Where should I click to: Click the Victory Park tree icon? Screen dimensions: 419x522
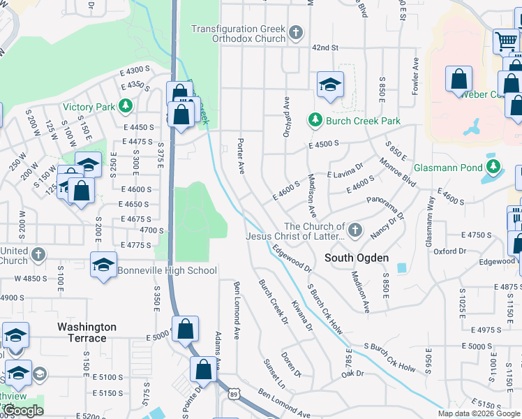[126, 107]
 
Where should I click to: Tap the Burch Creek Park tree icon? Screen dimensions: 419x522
[315, 121]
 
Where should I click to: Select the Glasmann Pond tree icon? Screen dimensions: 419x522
[493, 166]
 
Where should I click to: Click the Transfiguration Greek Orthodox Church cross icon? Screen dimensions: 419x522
[296, 33]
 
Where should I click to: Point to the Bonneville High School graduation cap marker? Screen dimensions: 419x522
[103, 265]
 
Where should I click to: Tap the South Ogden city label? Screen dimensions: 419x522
[357, 258]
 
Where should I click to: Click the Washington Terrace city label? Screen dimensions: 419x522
[87, 332]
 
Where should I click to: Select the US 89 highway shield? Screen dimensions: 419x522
[232, 395]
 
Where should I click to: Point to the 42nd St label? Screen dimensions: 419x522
[325, 47]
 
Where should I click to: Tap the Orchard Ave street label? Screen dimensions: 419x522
[286, 117]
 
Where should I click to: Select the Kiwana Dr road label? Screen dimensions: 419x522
[301, 316]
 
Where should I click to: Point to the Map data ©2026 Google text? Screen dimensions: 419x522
[478, 413]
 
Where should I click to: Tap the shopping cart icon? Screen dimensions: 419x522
[506, 40]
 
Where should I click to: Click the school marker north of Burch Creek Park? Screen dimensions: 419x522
[330, 85]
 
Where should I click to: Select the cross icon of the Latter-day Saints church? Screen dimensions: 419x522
[355, 229]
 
